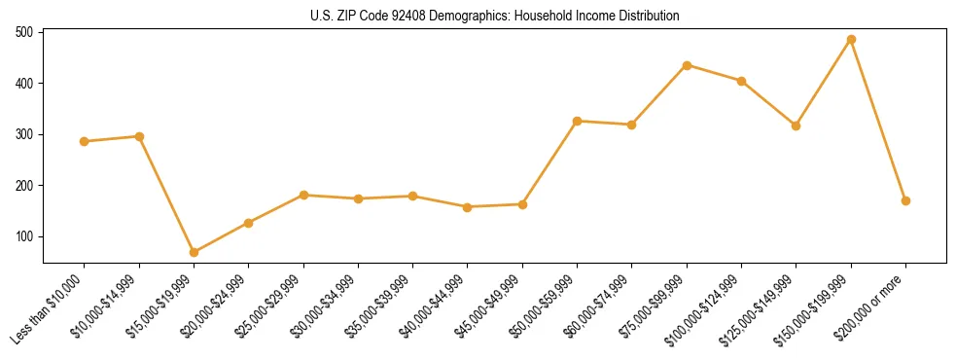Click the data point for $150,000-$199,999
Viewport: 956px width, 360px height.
click(x=851, y=40)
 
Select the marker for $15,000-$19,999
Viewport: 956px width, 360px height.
click(x=194, y=252)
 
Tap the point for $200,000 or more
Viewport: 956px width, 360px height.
click(x=905, y=200)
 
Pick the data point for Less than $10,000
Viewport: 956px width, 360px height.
click(x=85, y=141)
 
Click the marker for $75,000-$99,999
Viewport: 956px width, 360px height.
click(x=687, y=65)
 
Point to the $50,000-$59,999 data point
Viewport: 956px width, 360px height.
click(x=578, y=121)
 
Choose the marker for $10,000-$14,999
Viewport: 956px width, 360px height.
click(x=139, y=136)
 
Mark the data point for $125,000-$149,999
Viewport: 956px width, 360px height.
click(x=797, y=126)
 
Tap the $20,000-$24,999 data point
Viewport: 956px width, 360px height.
click(x=249, y=223)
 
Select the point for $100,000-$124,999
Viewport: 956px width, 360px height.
click(x=741, y=81)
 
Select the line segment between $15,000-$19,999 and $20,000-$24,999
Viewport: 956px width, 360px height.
click(x=222, y=237)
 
